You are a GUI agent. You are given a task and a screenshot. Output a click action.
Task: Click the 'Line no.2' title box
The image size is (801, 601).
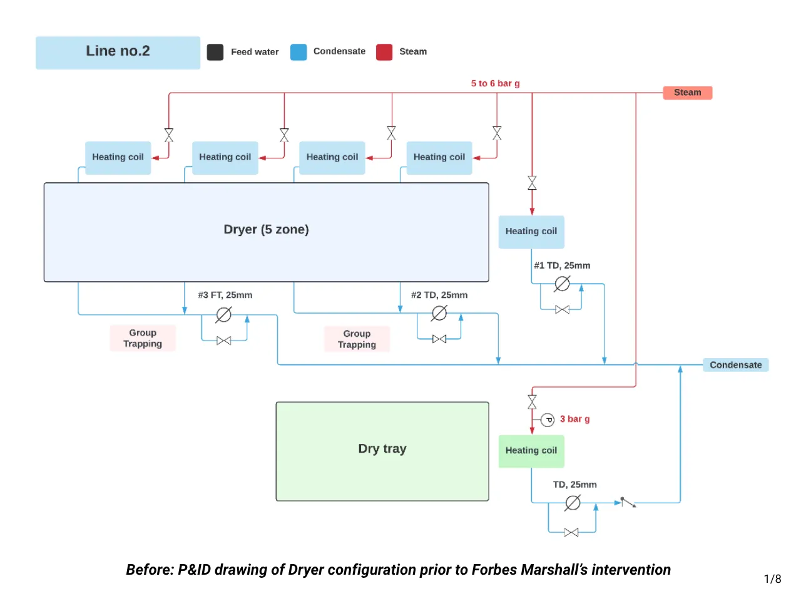click(x=118, y=52)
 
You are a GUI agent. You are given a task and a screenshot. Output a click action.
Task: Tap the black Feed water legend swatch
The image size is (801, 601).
click(x=215, y=52)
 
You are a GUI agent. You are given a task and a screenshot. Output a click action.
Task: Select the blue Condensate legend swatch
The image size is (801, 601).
click(x=298, y=52)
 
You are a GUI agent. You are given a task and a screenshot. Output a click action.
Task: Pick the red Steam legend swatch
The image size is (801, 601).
click(x=384, y=52)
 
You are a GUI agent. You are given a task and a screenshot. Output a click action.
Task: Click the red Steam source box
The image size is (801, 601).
click(x=687, y=93)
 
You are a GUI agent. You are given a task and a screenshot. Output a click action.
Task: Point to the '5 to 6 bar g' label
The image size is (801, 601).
click(x=495, y=83)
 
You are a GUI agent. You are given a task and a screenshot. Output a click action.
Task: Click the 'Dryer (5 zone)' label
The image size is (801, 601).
click(x=266, y=230)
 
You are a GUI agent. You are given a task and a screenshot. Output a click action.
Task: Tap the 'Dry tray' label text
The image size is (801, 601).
click(x=382, y=449)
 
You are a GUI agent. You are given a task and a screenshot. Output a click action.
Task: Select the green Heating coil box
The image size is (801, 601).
click(x=531, y=451)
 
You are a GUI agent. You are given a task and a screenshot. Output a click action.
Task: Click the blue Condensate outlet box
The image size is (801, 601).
click(x=735, y=365)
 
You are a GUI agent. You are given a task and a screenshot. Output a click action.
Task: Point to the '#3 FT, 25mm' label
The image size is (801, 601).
click(x=225, y=295)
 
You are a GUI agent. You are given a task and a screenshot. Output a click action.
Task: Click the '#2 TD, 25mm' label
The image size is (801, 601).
click(x=439, y=295)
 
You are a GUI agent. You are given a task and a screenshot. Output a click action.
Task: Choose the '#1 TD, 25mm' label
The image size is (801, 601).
click(x=562, y=265)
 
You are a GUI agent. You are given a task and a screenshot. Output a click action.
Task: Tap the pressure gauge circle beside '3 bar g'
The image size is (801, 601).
click(x=548, y=419)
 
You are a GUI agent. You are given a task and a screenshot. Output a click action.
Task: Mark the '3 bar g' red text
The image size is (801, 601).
click(x=574, y=419)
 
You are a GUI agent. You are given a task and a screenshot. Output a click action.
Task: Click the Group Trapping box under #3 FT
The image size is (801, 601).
click(x=143, y=338)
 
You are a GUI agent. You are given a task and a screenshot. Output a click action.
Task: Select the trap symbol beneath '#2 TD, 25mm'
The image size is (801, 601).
click(x=439, y=313)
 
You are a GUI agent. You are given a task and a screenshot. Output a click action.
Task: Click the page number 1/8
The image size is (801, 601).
click(x=772, y=579)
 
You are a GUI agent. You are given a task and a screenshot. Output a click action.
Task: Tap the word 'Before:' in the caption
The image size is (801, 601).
click(x=150, y=570)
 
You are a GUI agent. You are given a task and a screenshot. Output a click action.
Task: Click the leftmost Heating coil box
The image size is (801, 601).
click(x=118, y=157)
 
